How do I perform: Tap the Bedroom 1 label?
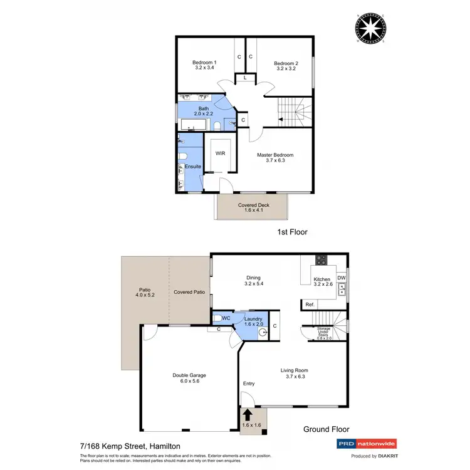pos(204,63)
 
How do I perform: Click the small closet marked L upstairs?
pos(245,79)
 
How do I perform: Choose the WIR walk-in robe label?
pos(220,153)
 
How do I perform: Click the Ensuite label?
pos(193,166)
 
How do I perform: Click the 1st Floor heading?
pos(292,232)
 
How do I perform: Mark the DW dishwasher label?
pos(341,278)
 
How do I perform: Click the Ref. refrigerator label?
pos(310,305)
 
